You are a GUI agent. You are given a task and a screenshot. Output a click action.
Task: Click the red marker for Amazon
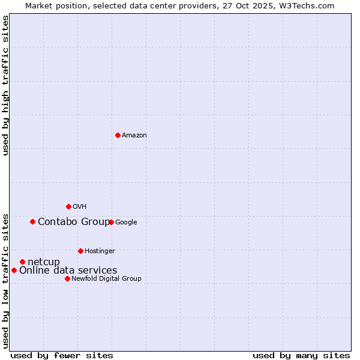pos(118,135)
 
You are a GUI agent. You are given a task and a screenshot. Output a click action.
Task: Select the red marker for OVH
pos(68,206)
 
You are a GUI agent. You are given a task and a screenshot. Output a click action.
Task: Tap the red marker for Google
pos(111,222)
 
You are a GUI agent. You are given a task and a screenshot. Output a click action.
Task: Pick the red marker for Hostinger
pos(80,251)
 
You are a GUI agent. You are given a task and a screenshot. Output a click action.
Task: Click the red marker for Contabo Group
pos(32,221)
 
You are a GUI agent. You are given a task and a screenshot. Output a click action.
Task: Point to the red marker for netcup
pos(22,262)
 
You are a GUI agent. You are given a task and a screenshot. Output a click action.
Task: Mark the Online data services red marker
pos(14,270)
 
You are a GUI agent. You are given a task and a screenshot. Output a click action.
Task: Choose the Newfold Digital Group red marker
pos(67,278)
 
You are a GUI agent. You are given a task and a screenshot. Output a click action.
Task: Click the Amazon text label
pos(134,136)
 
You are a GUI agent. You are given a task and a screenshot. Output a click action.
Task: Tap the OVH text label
pos(80,207)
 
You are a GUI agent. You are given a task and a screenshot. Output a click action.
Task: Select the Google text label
pos(126,223)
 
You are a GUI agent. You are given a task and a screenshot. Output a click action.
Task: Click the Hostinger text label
pos(100,251)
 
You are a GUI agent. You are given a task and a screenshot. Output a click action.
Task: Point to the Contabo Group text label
pos(73,222)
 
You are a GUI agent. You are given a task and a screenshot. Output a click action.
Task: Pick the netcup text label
pos(44,262)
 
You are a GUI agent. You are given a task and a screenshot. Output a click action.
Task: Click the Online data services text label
pos(68,271)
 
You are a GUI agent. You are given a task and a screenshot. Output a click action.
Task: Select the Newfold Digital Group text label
pos(106,279)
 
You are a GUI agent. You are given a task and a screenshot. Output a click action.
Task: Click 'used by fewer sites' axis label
pos(62,355)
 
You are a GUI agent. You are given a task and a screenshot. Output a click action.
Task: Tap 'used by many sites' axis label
pos(301,355)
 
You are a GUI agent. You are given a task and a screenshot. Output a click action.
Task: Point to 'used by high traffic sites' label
pos(5,85)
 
